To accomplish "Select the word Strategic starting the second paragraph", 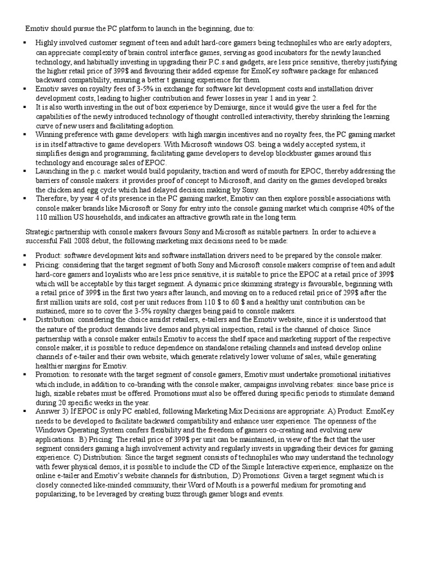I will pyautogui.click(x=42, y=232).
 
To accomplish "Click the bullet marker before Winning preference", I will pyautogui.click(x=25, y=134).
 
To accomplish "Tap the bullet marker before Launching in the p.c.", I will pyautogui.click(x=25, y=171).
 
